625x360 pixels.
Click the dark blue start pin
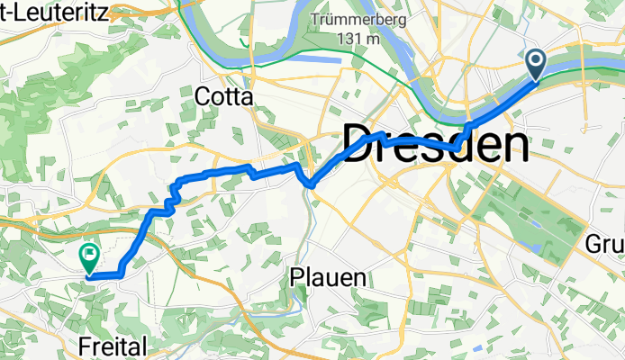[x=536, y=64]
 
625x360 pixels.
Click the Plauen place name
[x=329, y=278]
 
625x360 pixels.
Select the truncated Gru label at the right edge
[x=604, y=244]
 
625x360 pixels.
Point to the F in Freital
[x=86, y=346]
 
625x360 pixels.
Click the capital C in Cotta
[x=204, y=96]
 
